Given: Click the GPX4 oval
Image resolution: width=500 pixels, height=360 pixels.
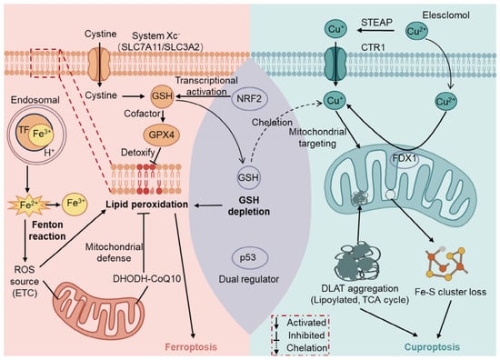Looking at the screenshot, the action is click(x=162, y=135).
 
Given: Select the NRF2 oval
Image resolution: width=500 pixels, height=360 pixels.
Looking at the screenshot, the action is click(x=249, y=99).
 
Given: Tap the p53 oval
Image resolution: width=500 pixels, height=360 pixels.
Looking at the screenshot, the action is click(x=248, y=257).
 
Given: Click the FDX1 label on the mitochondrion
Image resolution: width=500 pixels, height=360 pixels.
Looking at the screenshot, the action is click(x=405, y=158).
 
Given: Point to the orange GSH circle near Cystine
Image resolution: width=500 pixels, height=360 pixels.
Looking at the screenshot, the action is click(x=163, y=95).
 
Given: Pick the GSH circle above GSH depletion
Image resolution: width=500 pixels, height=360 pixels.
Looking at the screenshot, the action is click(x=249, y=177).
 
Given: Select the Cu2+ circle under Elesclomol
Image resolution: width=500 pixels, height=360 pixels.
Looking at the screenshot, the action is click(x=416, y=31).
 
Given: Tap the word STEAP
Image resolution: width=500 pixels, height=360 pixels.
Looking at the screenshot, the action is click(x=376, y=23).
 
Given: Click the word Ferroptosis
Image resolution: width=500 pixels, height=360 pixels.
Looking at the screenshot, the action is click(x=191, y=347).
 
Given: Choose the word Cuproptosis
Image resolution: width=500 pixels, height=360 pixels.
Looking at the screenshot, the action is click(x=432, y=347).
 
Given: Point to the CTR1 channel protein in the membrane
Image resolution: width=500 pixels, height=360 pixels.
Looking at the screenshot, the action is click(x=335, y=63).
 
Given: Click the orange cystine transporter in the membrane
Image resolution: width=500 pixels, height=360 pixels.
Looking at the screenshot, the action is click(x=99, y=63).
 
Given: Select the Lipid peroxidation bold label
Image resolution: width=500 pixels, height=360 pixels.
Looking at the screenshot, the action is click(x=146, y=205).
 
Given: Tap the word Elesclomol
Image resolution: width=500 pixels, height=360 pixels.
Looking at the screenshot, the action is click(x=445, y=15).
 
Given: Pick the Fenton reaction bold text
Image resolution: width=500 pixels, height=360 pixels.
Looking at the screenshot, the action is click(x=47, y=230).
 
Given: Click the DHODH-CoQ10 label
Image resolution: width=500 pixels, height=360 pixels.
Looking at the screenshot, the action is click(x=146, y=279).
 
